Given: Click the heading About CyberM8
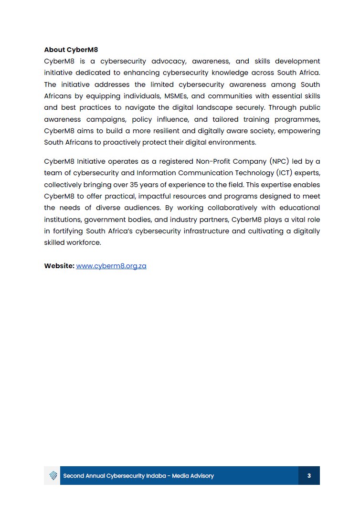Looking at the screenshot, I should click(x=71, y=50).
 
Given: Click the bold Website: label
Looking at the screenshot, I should click(x=59, y=266).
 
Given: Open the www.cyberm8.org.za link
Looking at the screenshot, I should click(x=111, y=266).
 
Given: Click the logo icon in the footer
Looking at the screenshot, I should click(x=53, y=476).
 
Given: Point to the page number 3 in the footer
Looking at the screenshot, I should click(x=309, y=476).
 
